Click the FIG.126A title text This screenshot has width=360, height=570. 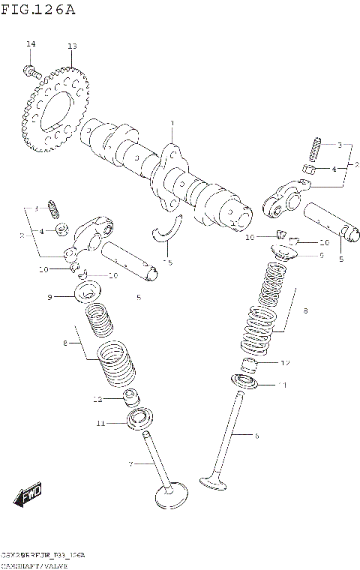[x=38, y=10]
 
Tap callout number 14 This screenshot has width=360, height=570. [x=31, y=45]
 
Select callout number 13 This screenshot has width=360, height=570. [x=71, y=46]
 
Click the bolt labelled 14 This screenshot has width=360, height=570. [x=31, y=72]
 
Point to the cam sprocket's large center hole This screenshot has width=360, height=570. [x=54, y=112]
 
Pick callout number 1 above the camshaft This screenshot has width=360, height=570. [x=171, y=124]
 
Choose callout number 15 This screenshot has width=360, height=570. [x=169, y=262]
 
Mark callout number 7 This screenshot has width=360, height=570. [x=130, y=465]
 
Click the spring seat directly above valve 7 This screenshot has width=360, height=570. [x=140, y=418]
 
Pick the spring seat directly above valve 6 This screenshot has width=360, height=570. [x=244, y=382]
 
